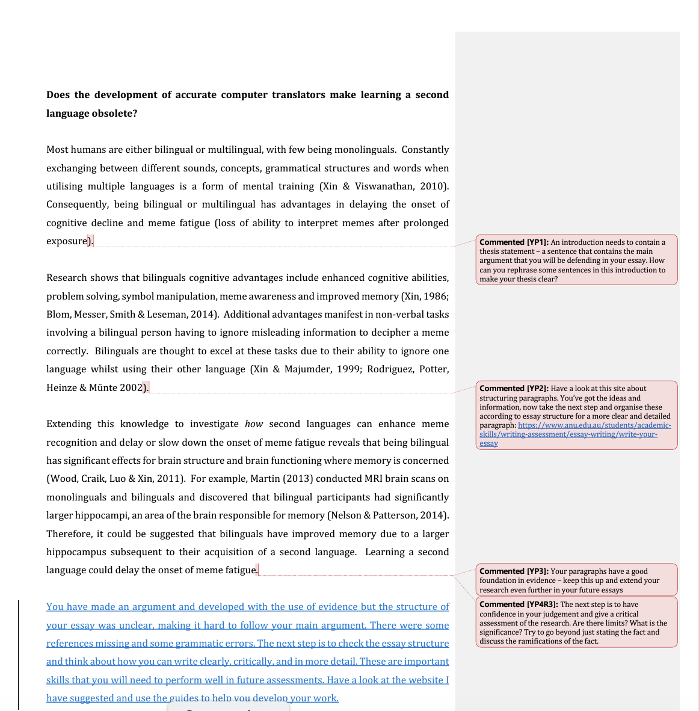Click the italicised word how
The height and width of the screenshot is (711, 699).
[254, 424]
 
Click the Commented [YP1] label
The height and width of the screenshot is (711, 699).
[514, 242]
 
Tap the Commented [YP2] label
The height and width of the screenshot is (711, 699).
[514, 389]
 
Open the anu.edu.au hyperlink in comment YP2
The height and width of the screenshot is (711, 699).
[594, 425]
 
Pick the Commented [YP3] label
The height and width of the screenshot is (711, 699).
[514, 571]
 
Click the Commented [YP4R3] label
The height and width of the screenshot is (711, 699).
[519, 605]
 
